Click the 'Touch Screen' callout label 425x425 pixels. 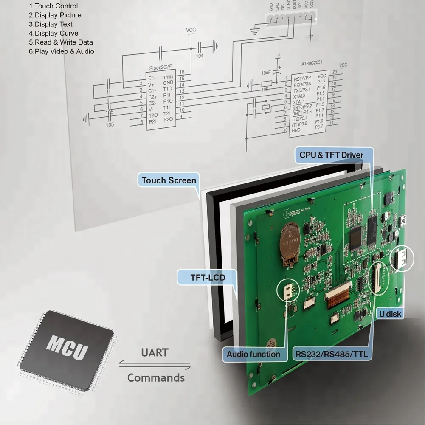click(169, 180)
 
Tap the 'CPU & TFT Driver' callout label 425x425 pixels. click(331, 155)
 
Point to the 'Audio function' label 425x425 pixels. click(253, 354)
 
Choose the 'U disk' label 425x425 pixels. click(390, 314)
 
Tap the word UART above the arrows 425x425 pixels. click(155, 353)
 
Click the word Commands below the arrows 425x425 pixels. click(156, 377)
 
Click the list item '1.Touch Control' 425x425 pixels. click(53, 6)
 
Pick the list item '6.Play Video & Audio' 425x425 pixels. click(61, 51)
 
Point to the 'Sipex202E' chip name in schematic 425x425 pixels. click(161, 68)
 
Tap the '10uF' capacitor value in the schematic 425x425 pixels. click(266, 73)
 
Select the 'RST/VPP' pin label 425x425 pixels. click(302, 78)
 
